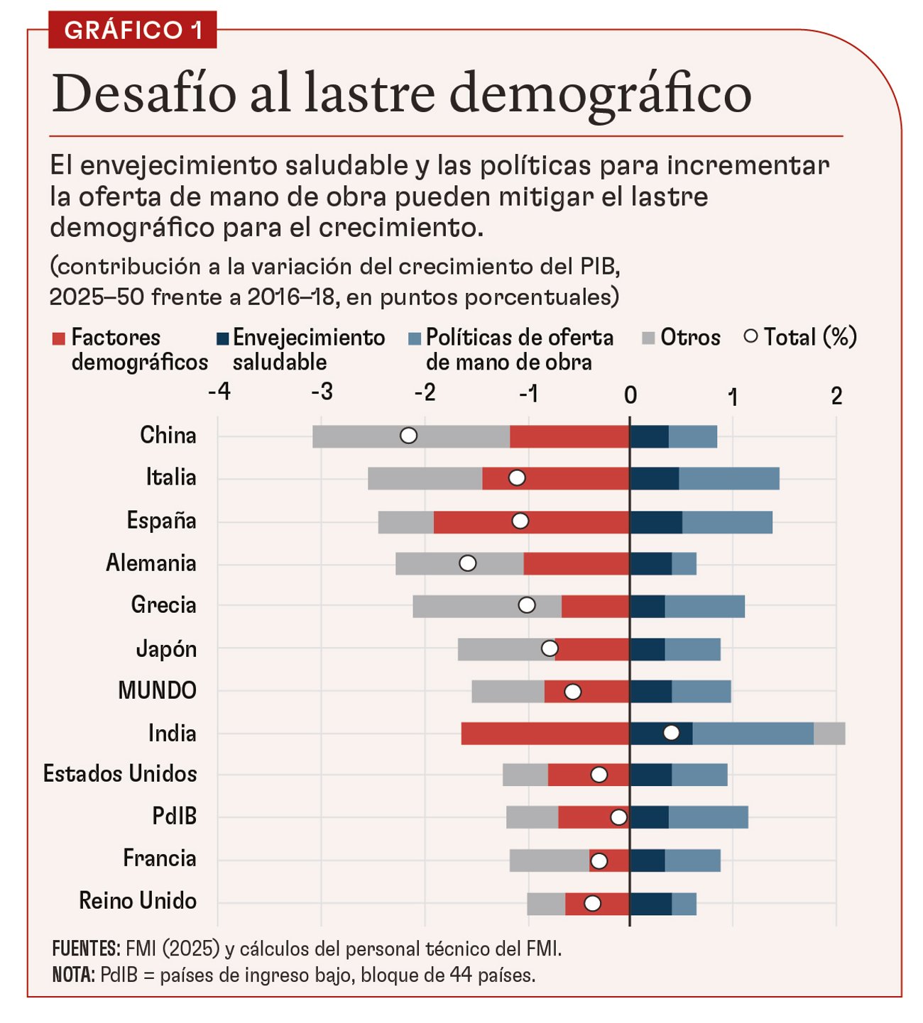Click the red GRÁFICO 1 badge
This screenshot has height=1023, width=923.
coord(132,30)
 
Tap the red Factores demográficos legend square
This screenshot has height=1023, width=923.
coord(58,338)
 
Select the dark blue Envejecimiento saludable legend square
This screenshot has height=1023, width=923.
coord(222,338)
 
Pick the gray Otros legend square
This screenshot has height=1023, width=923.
coord(648,338)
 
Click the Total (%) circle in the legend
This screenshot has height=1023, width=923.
coord(750,336)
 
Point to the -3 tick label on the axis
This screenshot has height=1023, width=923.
coord(322,392)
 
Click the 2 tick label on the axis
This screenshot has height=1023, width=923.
coord(836,395)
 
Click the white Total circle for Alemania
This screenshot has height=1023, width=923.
coord(467,563)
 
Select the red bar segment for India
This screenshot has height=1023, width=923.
coord(545,734)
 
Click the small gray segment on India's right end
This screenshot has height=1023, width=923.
coord(829,734)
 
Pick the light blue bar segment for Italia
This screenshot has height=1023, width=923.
coord(728,479)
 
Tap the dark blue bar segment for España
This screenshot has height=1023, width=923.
coord(655,521)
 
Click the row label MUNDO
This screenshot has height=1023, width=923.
coord(157,690)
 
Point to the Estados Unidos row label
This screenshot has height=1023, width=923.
coord(120,774)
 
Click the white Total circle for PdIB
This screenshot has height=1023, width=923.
coord(618,817)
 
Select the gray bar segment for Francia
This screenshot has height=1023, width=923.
coord(549,861)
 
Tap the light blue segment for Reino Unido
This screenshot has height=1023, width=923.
coord(684,904)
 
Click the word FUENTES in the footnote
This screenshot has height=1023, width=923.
coord(86,949)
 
